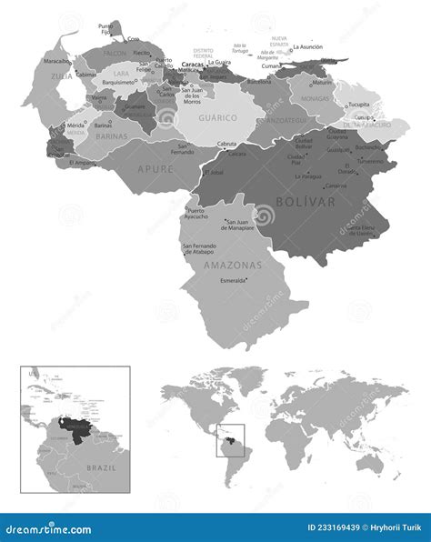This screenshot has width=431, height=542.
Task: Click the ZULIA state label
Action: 61,77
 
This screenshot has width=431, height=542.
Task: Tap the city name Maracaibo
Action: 57,62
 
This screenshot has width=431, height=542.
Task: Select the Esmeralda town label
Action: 236,281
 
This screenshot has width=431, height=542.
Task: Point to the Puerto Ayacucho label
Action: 197,216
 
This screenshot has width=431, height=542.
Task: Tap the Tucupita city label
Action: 369,104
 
